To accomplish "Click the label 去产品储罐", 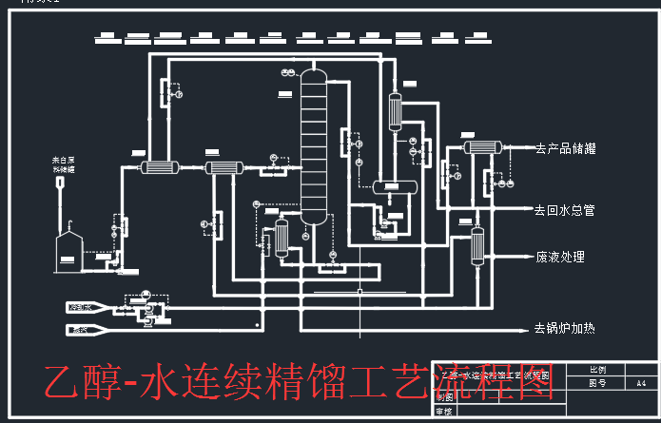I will pos(572,148).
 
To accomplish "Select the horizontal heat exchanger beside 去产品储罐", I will pos(482,147).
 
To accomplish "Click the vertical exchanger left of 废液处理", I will pos(477,246).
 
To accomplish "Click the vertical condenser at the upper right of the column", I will pos(397,110).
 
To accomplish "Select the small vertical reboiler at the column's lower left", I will pos(282,238).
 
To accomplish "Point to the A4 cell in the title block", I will pos(641,383).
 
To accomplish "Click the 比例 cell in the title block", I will pos(597,369).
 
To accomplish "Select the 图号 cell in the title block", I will pos(597,383).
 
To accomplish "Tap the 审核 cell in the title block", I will pos(443,413).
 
